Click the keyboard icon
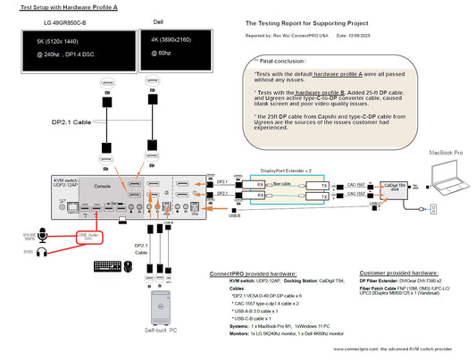click(x=111, y=265)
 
